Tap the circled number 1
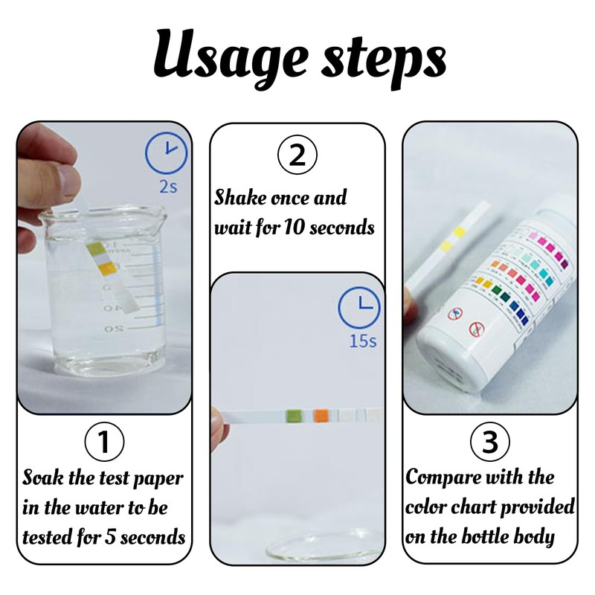point(104,443)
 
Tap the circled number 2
point(297,156)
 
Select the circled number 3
point(490,443)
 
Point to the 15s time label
point(362,341)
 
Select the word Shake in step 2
point(240,199)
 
